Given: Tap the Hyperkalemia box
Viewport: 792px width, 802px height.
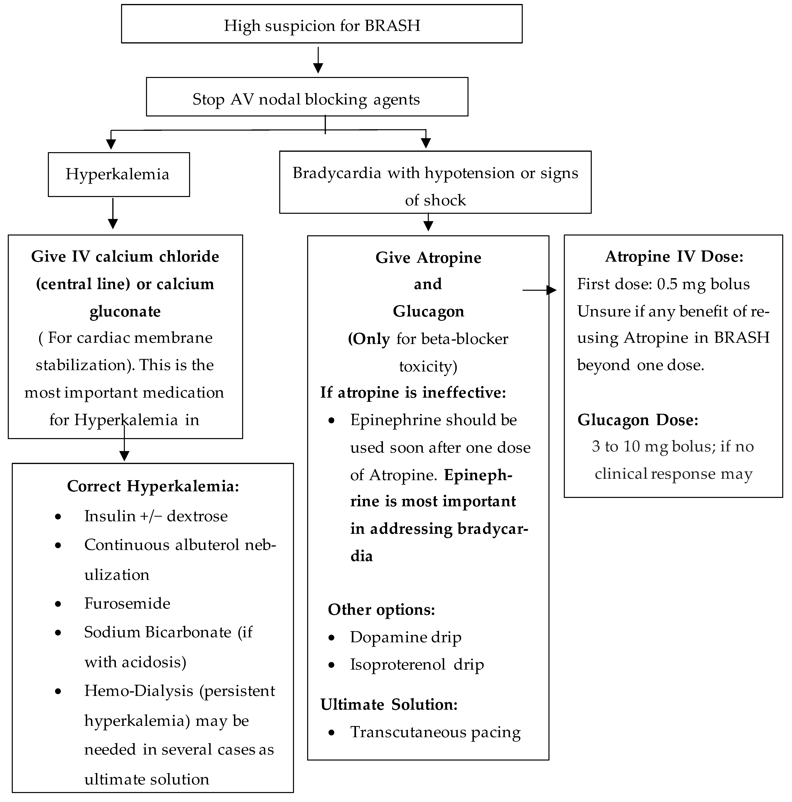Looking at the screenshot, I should click(x=118, y=174).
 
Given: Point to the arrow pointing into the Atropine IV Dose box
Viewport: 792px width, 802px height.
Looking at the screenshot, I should click(x=540, y=290).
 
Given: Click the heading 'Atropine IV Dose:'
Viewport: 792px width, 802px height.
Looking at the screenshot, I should click(x=674, y=257).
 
